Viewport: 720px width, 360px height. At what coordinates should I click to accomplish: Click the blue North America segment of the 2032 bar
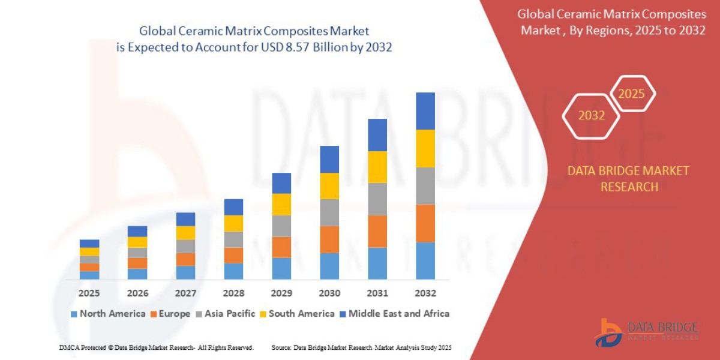click(425, 260)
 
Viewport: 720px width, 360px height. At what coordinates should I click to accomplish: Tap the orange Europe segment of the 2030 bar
click(329, 239)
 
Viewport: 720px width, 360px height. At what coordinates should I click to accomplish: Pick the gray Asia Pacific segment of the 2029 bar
click(281, 226)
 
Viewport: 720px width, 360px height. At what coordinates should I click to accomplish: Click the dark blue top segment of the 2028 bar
click(233, 207)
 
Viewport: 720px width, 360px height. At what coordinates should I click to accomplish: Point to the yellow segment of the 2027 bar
click(185, 233)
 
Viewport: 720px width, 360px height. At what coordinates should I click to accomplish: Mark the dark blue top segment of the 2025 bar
click(89, 244)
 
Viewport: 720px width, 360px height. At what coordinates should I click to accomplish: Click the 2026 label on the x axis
click(137, 293)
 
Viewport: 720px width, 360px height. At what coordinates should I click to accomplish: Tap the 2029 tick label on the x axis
click(281, 293)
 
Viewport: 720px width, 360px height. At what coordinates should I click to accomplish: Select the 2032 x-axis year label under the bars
click(425, 293)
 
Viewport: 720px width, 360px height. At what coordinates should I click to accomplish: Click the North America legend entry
click(108, 313)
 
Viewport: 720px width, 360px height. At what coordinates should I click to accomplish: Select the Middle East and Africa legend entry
click(394, 313)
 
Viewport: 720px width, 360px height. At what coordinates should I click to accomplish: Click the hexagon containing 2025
click(631, 94)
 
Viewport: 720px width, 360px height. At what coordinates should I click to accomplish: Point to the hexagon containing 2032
click(591, 116)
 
